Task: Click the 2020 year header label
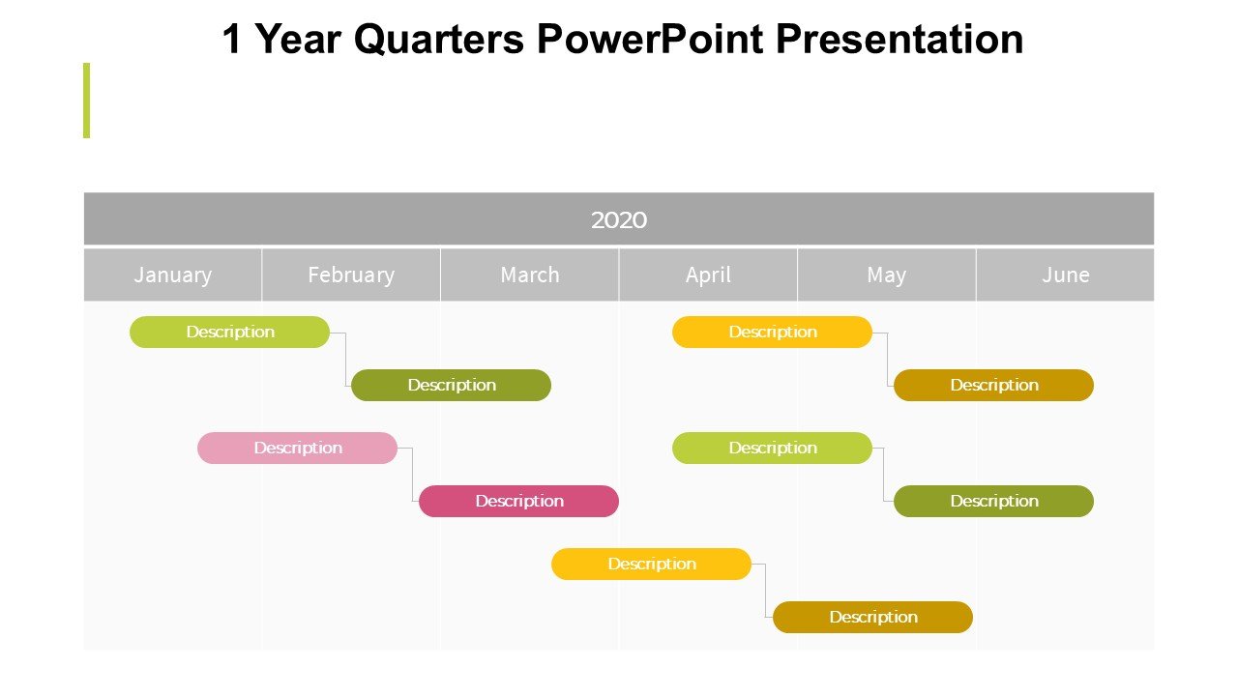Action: pos(618,219)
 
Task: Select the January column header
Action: pos(173,275)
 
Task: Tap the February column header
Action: pos(351,275)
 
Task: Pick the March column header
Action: pos(529,275)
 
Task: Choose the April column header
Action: pos(708,275)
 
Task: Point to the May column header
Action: pos(887,275)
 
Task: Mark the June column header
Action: pos(1065,275)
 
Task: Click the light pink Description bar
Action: pos(297,448)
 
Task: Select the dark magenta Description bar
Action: pos(519,501)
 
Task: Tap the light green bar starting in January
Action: pos(229,332)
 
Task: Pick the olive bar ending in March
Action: pos(451,385)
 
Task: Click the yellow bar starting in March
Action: pos(651,564)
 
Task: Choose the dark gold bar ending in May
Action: pos(872,617)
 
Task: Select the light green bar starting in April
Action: pos(772,448)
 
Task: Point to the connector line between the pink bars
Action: pos(412,475)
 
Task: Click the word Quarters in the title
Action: pos(439,40)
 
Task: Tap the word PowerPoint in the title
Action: pos(650,39)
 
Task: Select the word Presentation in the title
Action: pos(899,39)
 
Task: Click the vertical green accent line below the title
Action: pos(86,101)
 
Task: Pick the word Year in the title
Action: pos(299,39)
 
